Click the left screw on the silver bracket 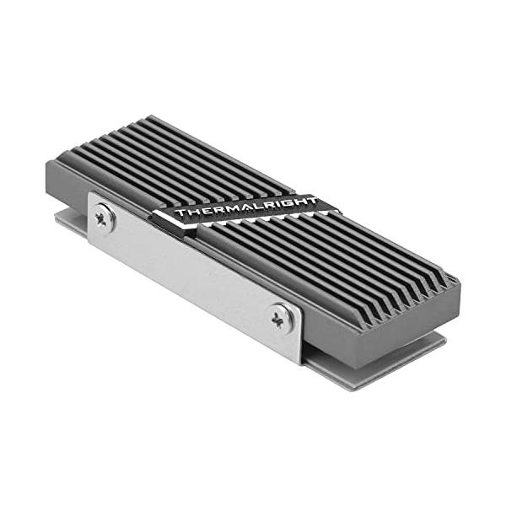click(105, 218)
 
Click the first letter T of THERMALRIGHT click(181, 213)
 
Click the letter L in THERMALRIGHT click(256, 207)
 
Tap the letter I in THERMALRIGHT click(275, 204)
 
